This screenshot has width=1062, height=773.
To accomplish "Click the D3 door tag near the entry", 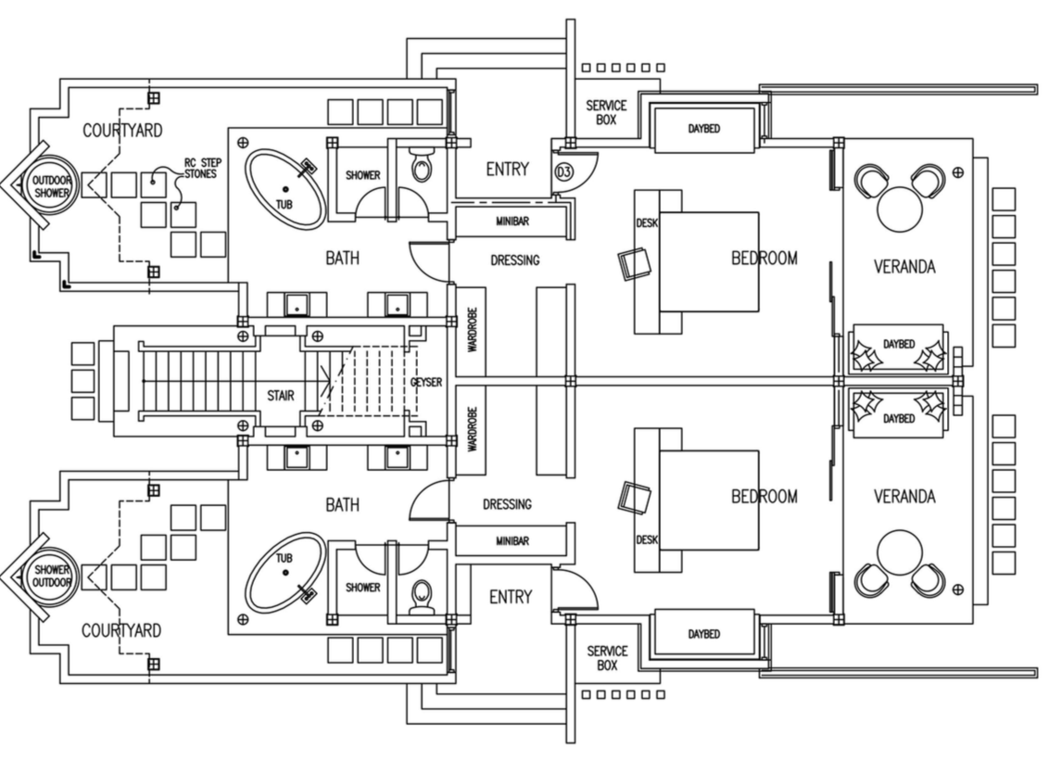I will [x=563, y=172].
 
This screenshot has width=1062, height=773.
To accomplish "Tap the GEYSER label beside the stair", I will [x=425, y=382].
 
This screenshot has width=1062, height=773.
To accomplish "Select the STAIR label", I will [x=281, y=396].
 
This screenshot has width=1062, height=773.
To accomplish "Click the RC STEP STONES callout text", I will [x=202, y=168].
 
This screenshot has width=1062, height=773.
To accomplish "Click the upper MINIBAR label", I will [x=511, y=222].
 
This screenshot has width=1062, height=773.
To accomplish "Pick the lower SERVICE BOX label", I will [x=607, y=658].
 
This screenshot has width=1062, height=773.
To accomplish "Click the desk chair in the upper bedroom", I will [x=635, y=263].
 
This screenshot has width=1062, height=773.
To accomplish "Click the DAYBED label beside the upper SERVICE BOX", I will [x=704, y=129].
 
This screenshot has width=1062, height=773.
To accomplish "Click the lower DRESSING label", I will [x=508, y=504].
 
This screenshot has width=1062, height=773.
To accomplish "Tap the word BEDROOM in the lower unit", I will [x=764, y=497].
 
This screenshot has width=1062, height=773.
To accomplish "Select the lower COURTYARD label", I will [x=120, y=630].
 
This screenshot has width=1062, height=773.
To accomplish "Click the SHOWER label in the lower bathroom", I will [x=362, y=587].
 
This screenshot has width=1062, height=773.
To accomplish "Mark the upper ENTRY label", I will [x=507, y=170].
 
